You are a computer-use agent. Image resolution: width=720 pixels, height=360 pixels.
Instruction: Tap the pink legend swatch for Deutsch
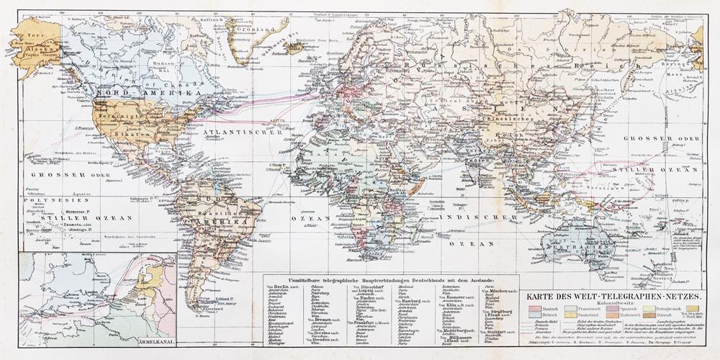coord(534,310)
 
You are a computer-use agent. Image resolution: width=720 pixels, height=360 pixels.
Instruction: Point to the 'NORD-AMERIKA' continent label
coord(137,94)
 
